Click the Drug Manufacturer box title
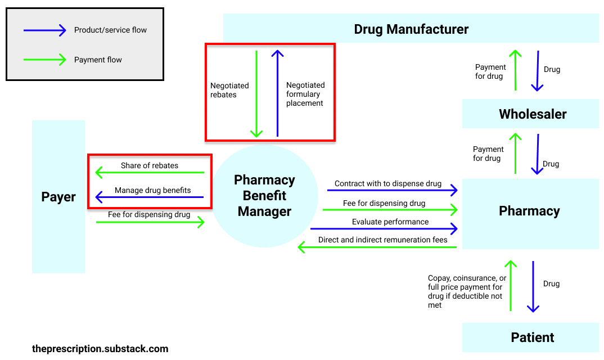[411, 29]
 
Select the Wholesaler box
[532, 114]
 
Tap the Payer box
[58, 197]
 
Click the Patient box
[532, 337]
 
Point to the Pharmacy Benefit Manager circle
[264, 196]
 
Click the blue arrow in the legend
[44, 30]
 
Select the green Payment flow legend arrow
[44, 60]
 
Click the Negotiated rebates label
[229, 90]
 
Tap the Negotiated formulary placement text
[305, 94]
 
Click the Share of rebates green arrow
[150, 173]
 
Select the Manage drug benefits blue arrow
[150, 197]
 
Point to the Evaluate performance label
[390, 222]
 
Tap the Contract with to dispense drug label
[387, 183]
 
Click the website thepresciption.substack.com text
[100, 349]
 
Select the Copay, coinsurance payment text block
[467, 291]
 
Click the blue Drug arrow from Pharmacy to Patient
[533, 286]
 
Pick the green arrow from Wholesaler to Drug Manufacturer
[515, 70]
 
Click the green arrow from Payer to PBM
[150, 223]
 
